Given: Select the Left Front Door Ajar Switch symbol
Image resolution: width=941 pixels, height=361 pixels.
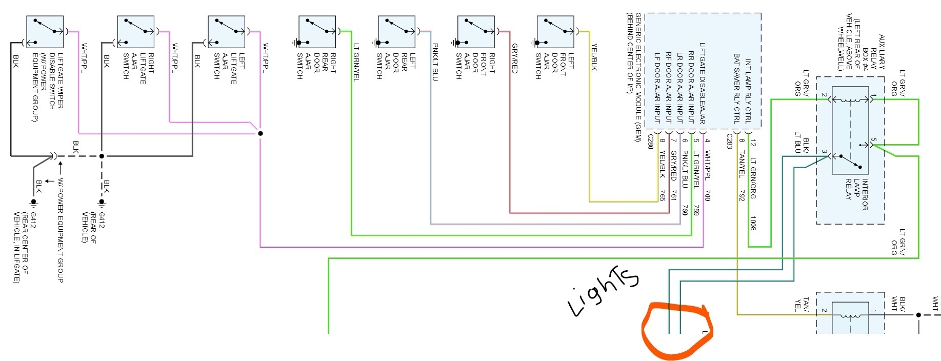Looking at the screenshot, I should pyautogui.click(x=555, y=32).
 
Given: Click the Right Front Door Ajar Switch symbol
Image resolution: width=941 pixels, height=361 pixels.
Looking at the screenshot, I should pyautogui.click(x=476, y=32).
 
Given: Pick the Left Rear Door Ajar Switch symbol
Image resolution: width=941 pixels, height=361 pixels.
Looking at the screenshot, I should pyautogui.click(x=396, y=32).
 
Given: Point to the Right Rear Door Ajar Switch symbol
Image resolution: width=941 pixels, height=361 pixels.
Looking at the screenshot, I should pyautogui.click(x=317, y=32).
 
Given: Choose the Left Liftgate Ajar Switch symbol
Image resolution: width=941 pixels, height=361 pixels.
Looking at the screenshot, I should pyautogui.click(x=226, y=32).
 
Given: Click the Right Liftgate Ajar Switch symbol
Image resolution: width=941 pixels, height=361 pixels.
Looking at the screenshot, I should pyautogui.click(x=135, y=32).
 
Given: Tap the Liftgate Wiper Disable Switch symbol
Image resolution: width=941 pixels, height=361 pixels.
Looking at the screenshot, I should pyautogui.click(x=45, y=32).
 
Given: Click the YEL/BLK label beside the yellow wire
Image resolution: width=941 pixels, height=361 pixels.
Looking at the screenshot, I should pyautogui.click(x=594, y=57).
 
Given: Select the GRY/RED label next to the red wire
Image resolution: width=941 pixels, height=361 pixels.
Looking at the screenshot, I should pyautogui.click(x=514, y=58).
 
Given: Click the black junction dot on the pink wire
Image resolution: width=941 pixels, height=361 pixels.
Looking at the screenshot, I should pyautogui.click(x=261, y=133).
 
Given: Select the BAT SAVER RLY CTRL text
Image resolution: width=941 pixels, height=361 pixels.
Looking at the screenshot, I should pyautogui.click(x=736, y=88).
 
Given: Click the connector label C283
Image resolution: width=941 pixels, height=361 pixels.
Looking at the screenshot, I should pyautogui.click(x=729, y=142).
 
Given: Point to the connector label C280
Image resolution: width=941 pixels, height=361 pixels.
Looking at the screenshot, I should pyautogui.click(x=650, y=142).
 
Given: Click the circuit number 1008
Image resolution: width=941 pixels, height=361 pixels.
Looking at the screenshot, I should pyautogui.click(x=753, y=223).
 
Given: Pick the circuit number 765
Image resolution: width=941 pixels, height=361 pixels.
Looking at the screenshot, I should pyautogui.click(x=662, y=195).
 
